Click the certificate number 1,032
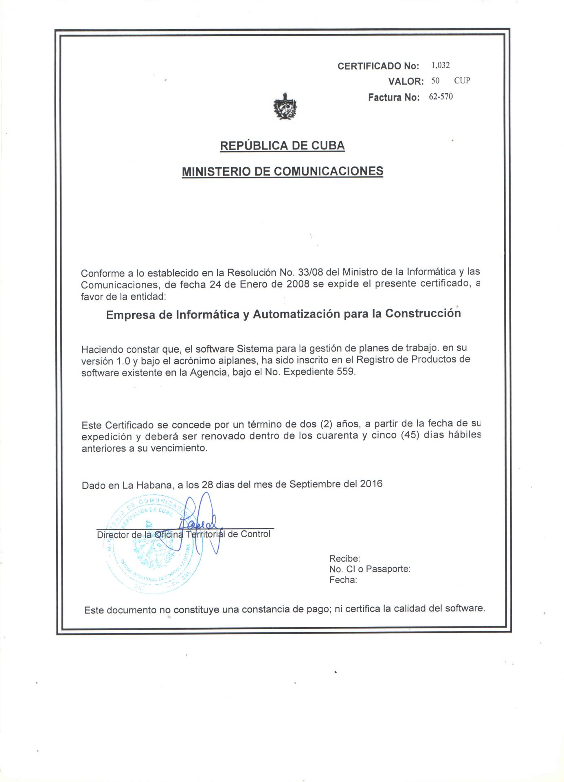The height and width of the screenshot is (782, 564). tap(441, 66)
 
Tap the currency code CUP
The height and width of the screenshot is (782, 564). tap(462, 81)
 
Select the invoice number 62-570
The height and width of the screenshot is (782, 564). tap(441, 97)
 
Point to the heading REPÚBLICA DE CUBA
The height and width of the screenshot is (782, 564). tap(282, 146)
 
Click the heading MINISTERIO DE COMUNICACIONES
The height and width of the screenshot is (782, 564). tap(282, 171)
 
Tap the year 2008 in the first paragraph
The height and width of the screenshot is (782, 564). tap(298, 284)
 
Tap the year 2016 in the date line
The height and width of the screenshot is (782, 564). tap(371, 483)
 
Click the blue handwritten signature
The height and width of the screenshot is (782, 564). tap(202, 523)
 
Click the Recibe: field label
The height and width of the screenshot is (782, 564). tap(345, 558)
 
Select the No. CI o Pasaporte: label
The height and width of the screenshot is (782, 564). tap(369, 569)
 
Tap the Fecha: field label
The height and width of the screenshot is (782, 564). tap(343, 580)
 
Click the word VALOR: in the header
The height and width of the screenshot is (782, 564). tap(406, 81)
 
